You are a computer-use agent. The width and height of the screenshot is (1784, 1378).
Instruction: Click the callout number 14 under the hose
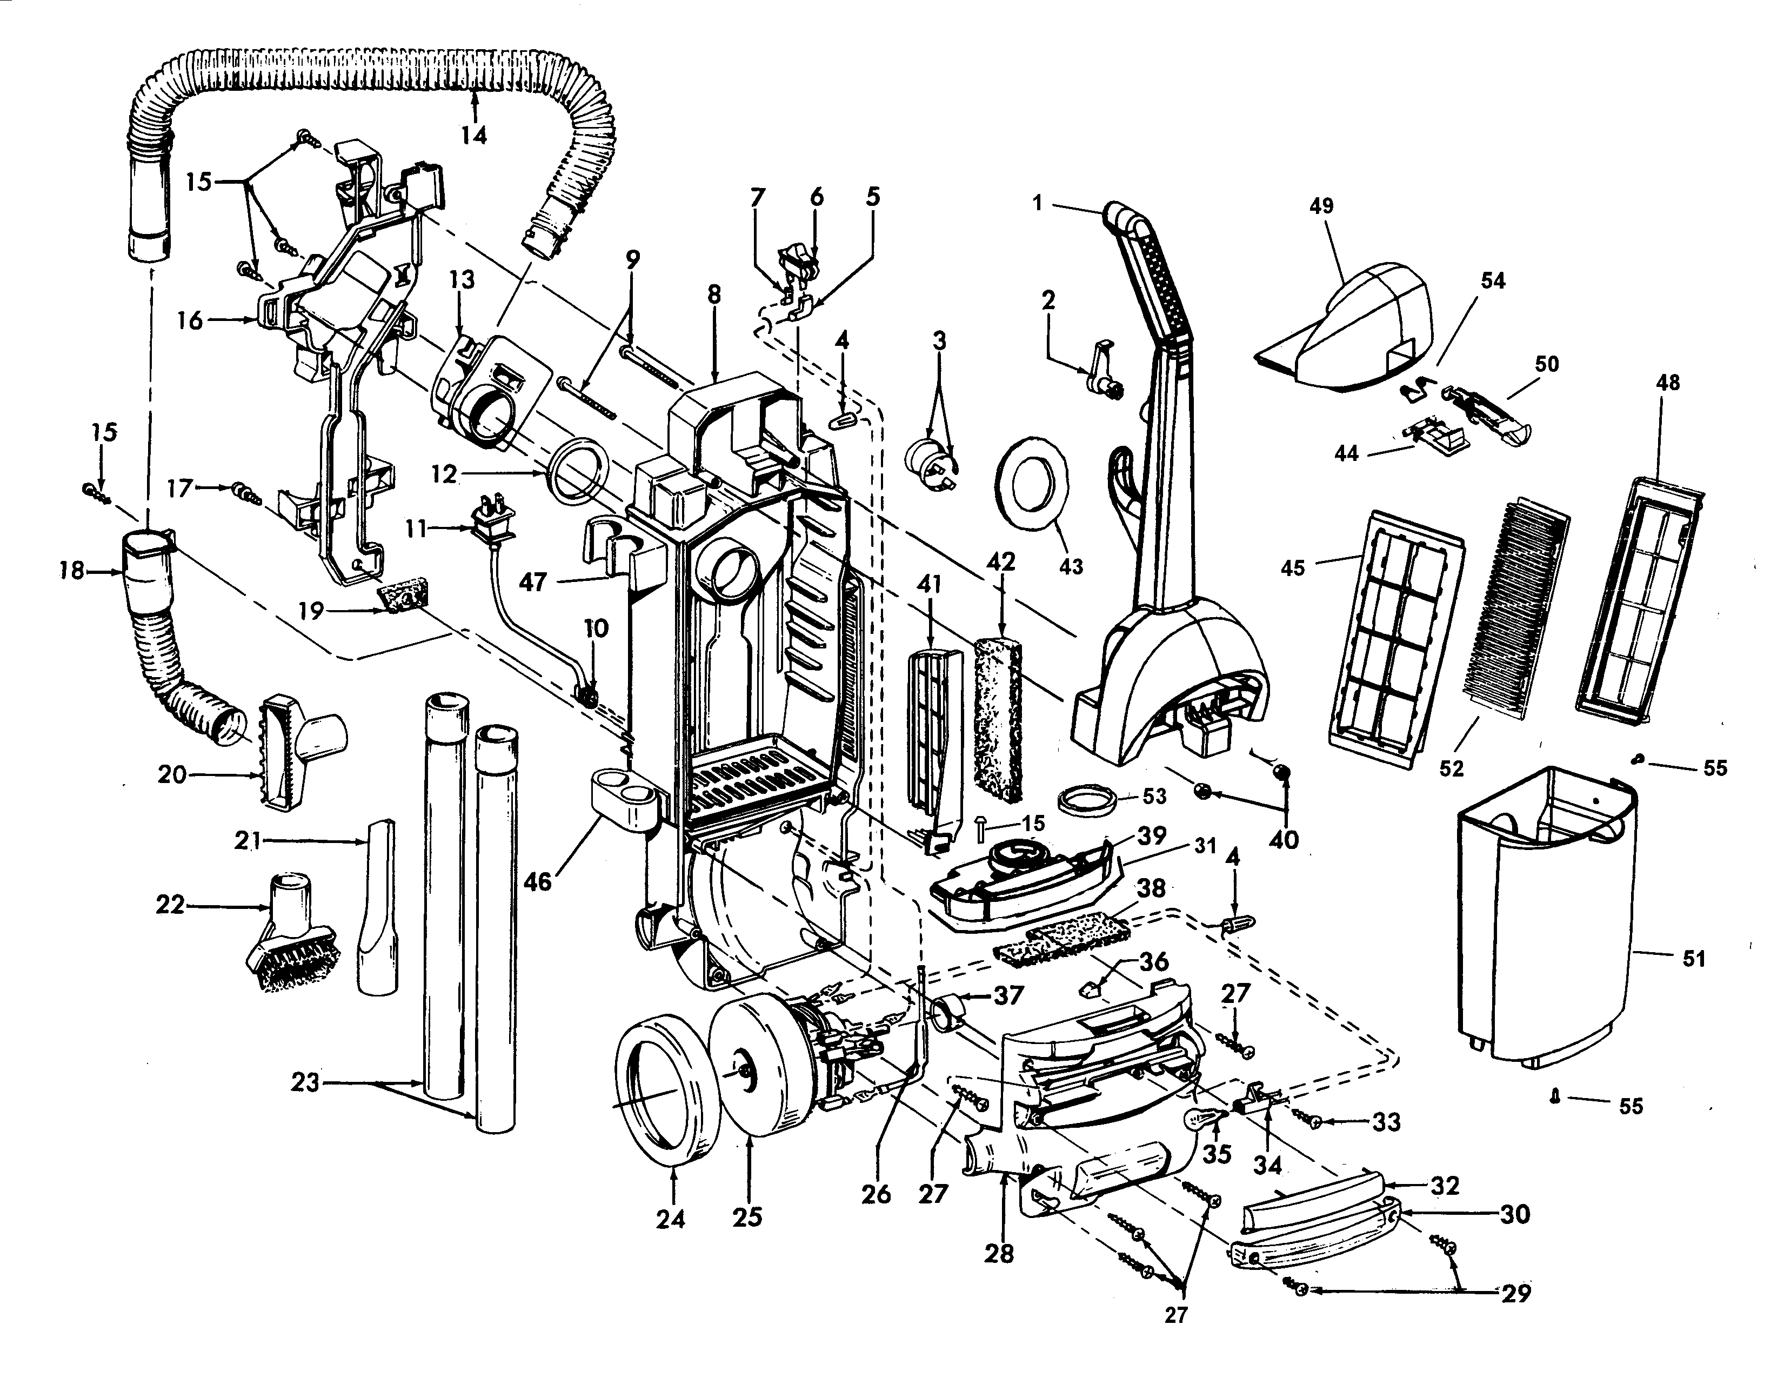coord(473,135)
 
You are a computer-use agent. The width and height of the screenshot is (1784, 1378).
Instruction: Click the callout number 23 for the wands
coord(305,1085)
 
